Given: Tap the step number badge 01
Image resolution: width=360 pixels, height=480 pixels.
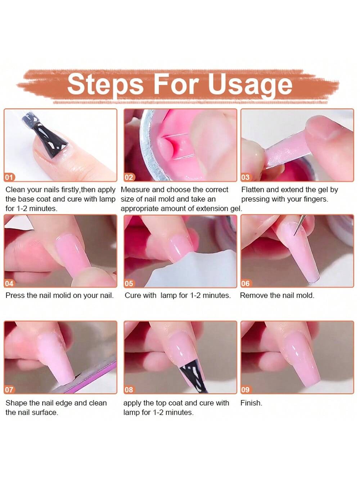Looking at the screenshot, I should click(x=9, y=177).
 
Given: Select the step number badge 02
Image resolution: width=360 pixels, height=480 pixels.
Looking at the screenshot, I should click(x=129, y=177).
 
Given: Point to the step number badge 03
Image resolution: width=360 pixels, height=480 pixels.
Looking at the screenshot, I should click(x=246, y=177).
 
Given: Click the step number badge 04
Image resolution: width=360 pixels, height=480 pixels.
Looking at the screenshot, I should click(x=9, y=283).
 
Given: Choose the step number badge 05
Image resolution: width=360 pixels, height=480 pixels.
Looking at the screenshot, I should click(x=129, y=283).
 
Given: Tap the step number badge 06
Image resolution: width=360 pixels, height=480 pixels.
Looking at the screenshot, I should click(x=246, y=283).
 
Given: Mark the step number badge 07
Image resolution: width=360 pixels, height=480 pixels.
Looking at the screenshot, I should click(x=9, y=390).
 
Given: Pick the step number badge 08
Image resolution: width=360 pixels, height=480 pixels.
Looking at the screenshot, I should click(x=129, y=390).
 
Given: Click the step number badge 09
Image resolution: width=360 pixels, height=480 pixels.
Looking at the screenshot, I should click(x=246, y=390).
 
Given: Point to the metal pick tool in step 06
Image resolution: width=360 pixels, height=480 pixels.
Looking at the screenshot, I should click(x=299, y=225).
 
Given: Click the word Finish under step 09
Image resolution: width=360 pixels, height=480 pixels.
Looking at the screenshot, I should click(x=251, y=403).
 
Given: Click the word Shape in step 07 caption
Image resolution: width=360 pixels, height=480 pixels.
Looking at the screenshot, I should click(x=16, y=403).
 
